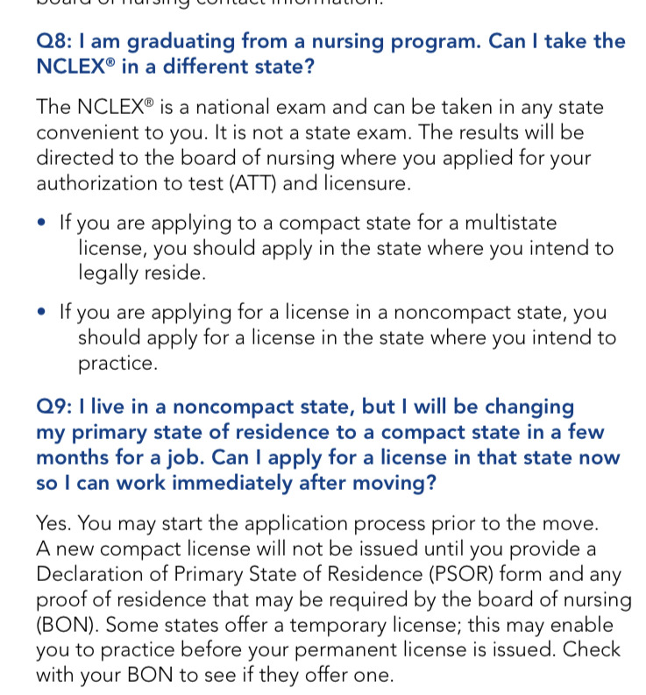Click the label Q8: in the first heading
coord(54,41)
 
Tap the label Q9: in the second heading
coord(54,408)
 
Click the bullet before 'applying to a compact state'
coord(42,223)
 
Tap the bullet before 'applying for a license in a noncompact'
coord(42,313)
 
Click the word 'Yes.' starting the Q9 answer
coord(55,524)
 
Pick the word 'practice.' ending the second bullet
coord(118,363)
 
